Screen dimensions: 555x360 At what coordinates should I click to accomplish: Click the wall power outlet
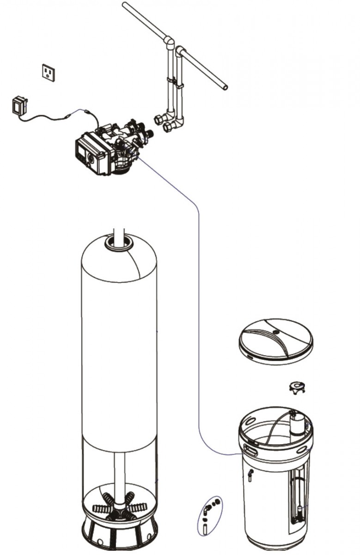point(48,72)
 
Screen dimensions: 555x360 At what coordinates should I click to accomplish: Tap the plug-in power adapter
point(18,105)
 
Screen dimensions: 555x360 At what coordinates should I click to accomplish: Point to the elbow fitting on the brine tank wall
point(250,474)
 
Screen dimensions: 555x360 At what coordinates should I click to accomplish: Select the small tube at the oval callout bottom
point(204,528)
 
